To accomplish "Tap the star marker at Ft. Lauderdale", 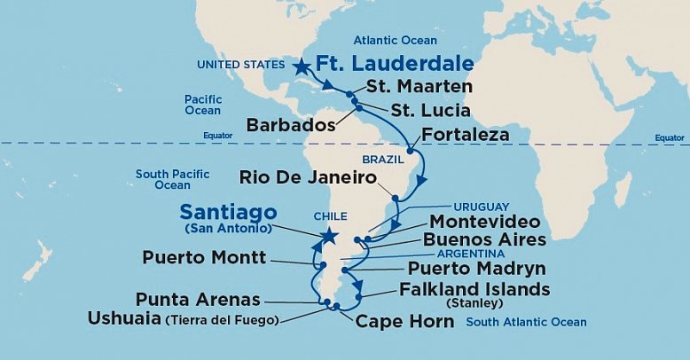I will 302,66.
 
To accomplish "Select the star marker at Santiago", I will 329,236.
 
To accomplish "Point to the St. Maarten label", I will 419,88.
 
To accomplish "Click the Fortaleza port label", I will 466,136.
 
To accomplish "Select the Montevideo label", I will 484,221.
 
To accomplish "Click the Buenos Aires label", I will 483,239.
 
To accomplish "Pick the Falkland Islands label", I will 474,290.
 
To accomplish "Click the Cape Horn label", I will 404,321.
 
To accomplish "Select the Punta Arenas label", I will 197,300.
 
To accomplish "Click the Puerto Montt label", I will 203,258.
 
